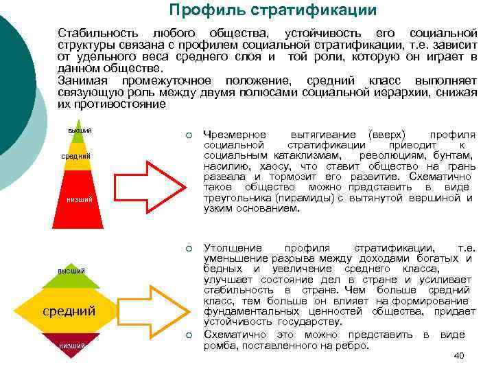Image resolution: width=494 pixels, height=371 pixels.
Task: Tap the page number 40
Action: pyautogui.click(x=459, y=355)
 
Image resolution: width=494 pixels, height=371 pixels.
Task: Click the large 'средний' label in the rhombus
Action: pyautogui.click(x=69, y=311)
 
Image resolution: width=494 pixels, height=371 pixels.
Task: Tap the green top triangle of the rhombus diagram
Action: pyautogui.click(x=71, y=272)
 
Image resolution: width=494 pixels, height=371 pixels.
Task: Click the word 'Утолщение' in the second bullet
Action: pyautogui.click(x=233, y=247)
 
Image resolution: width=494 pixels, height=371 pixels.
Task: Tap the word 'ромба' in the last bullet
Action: pyautogui.click(x=220, y=346)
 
